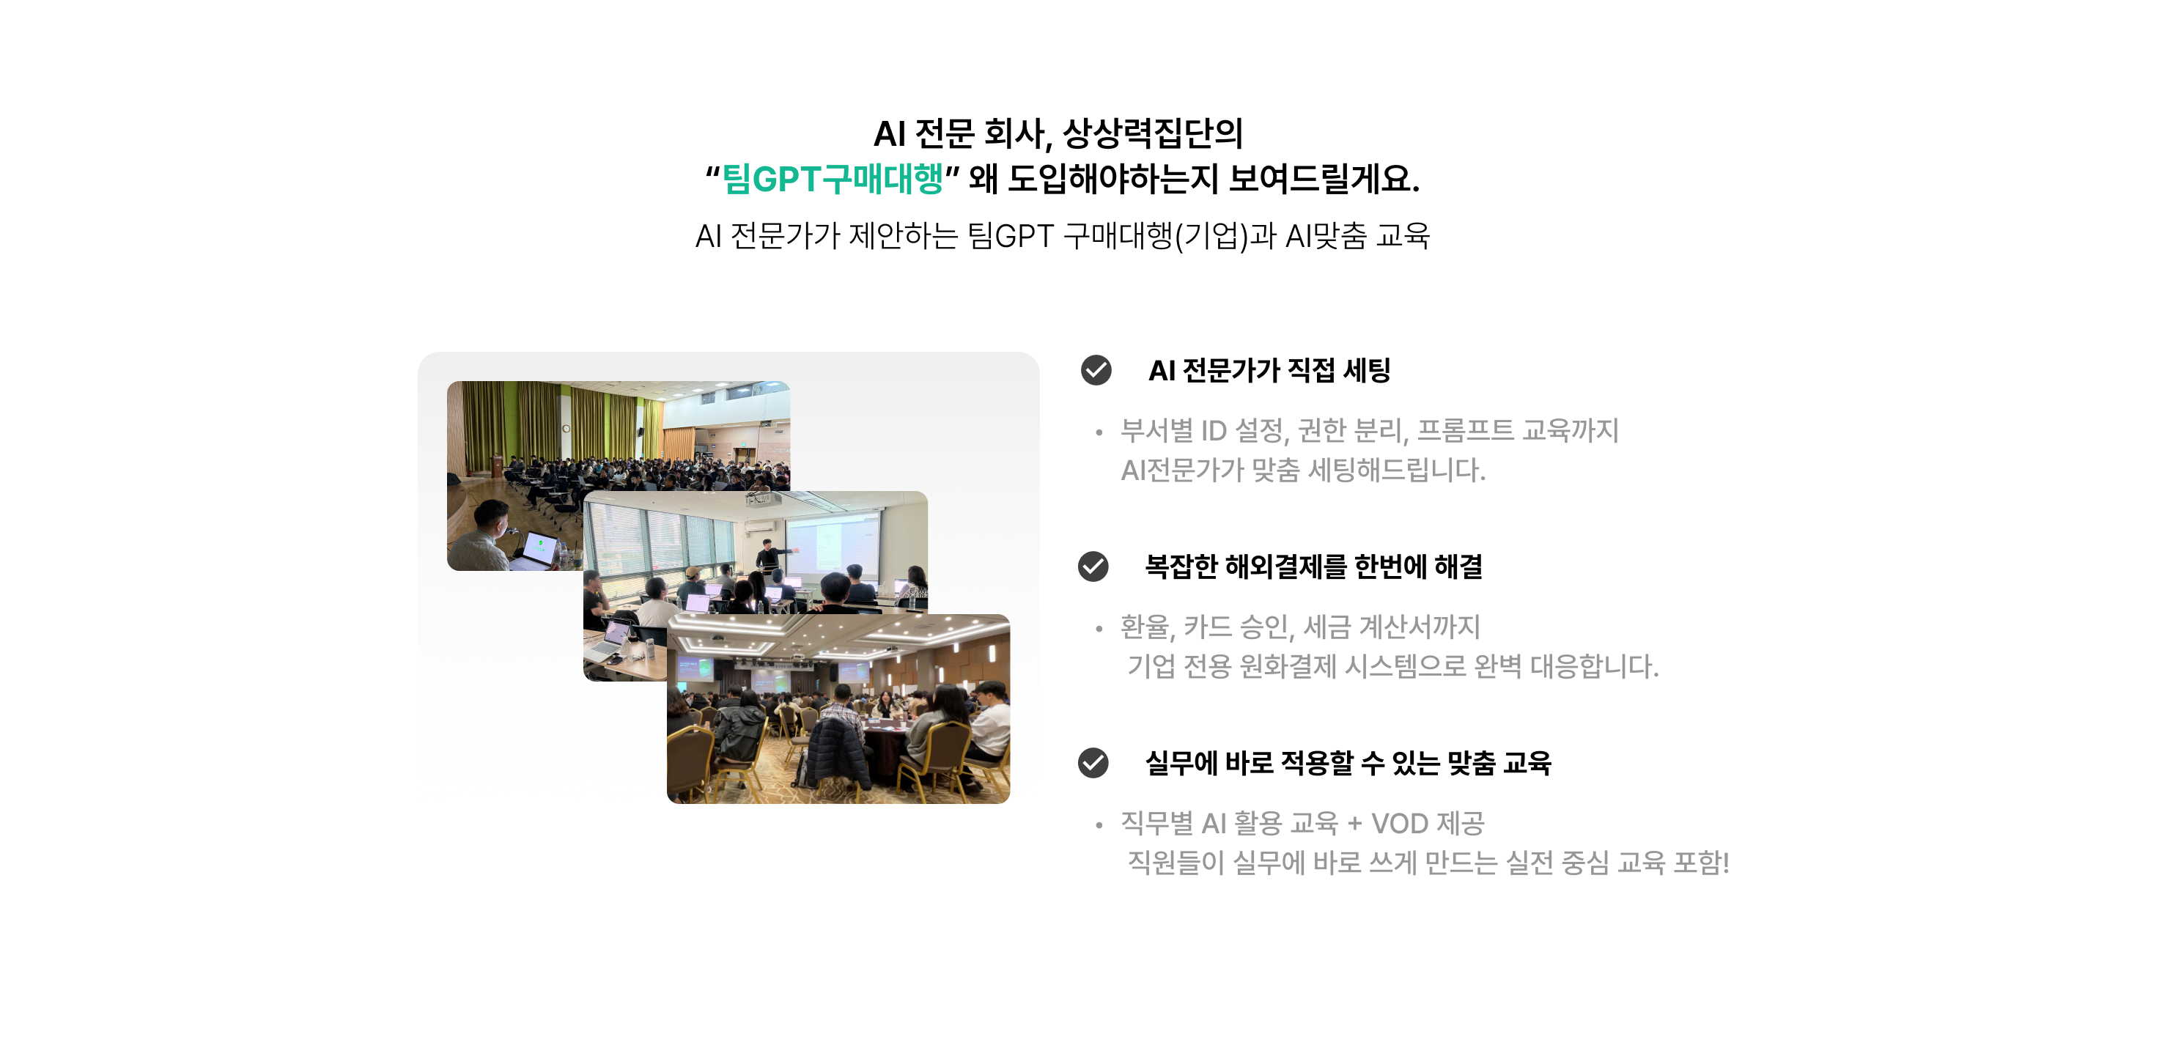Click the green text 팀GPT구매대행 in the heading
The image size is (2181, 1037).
pos(833,179)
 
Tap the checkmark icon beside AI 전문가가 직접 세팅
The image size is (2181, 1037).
pos(1096,370)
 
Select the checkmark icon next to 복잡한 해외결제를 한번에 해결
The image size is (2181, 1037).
pos(1093,567)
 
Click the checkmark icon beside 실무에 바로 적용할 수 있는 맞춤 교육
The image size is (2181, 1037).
pos(1093,763)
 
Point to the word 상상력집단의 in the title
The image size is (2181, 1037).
pos(1152,133)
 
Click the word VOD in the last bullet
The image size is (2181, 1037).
pos(1400,823)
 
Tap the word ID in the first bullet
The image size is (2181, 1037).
pos(1214,431)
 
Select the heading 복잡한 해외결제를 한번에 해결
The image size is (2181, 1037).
pos(1314,567)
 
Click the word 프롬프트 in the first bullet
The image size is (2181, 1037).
pos(1466,431)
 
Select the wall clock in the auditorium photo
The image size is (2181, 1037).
pos(566,429)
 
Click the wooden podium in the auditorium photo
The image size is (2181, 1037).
pos(496,465)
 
